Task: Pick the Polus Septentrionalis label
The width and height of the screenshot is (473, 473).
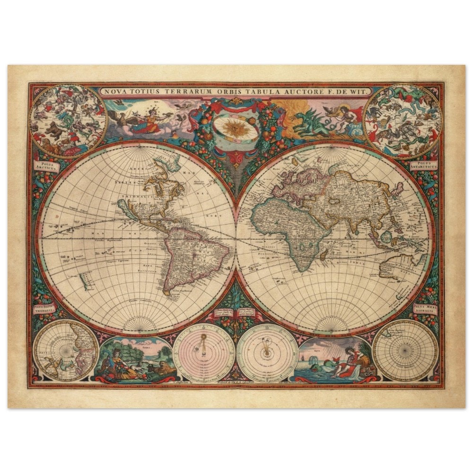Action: pyautogui.click(x=44, y=308)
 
